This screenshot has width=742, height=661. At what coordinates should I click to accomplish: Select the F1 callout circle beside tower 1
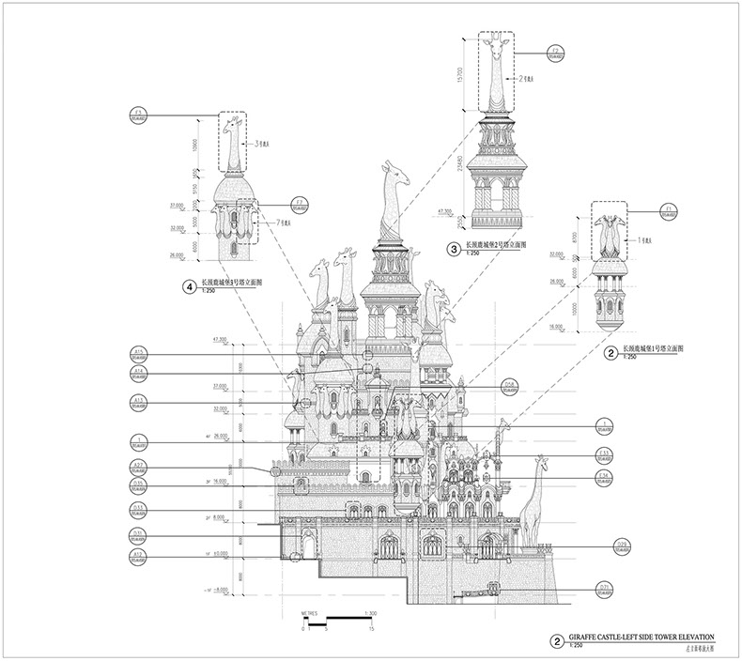coord(644,210)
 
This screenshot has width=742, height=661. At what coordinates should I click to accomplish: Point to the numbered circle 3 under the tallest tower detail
coord(454,249)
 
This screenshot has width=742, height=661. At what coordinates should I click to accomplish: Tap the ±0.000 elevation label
coord(223,554)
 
